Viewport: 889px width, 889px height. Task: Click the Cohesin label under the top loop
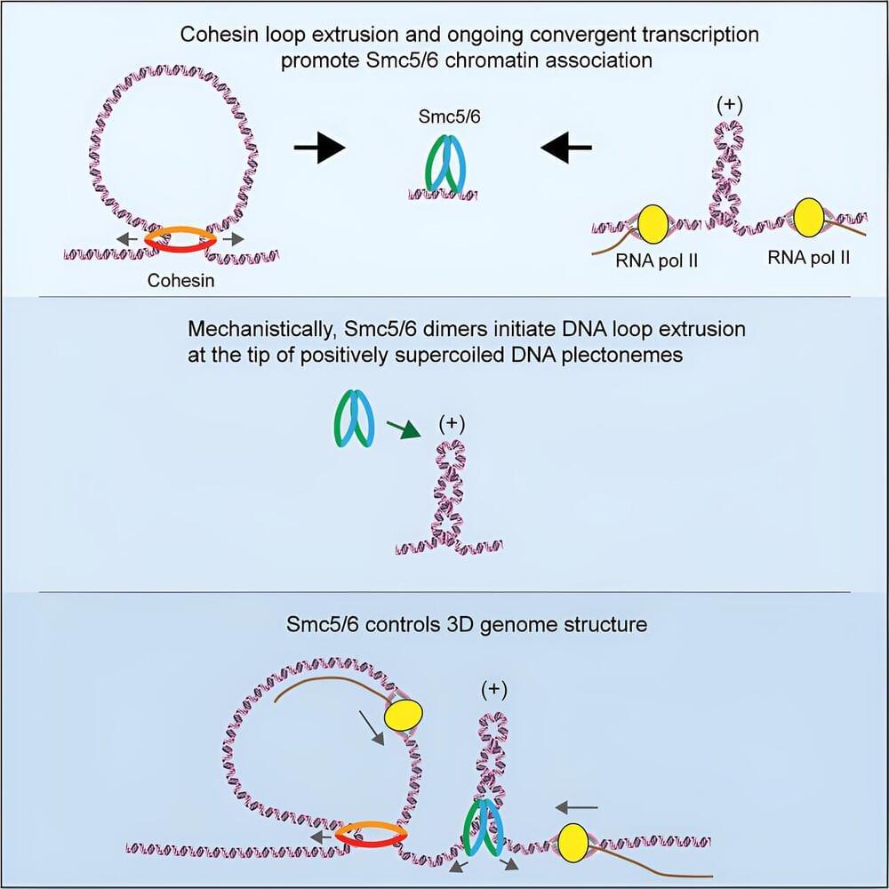[x=180, y=281]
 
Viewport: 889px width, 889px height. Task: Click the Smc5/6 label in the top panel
[x=443, y=115]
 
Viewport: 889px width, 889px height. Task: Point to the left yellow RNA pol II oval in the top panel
[x=654, y=221]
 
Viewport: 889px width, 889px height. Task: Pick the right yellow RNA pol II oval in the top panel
[x=811, y=216]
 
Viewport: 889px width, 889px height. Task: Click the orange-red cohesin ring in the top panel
[x=180, y=238]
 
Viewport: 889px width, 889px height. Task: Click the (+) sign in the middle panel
[x=453, y=424]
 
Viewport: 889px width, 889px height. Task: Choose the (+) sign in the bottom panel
[x=493, y=689]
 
